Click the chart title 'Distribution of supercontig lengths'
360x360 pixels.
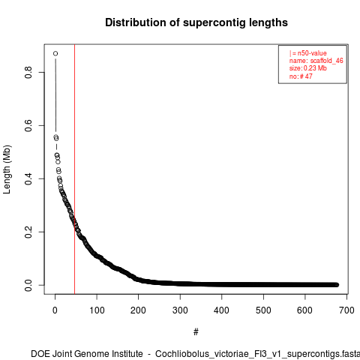coord(196,22)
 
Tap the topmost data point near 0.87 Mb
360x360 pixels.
coord(55,53)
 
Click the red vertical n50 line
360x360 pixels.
coord(74,169)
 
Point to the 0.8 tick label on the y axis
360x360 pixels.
coord(28,72)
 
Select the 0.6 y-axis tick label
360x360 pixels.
coord(28,125)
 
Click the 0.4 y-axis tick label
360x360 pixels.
coord(28,178)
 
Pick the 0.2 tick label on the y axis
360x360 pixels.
coord(28,232)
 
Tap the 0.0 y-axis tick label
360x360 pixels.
coord(28,285)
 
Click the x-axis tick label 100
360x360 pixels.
coord(97,310)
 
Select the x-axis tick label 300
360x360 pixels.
coord(180,310)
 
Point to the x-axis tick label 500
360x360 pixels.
coord(263,310)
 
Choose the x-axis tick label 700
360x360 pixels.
coord(346,310)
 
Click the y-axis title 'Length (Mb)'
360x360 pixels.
coord(7,169)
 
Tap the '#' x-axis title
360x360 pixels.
coord(196,332)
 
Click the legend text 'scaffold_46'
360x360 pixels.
coord(327,61)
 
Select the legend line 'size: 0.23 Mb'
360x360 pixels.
coord(308,68)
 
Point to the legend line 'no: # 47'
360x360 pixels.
coord(301,76)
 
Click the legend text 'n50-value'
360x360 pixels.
coord(312,53)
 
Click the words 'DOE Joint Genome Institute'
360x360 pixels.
coord(87,354)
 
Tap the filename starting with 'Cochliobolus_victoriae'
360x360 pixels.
coord(257,354)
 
